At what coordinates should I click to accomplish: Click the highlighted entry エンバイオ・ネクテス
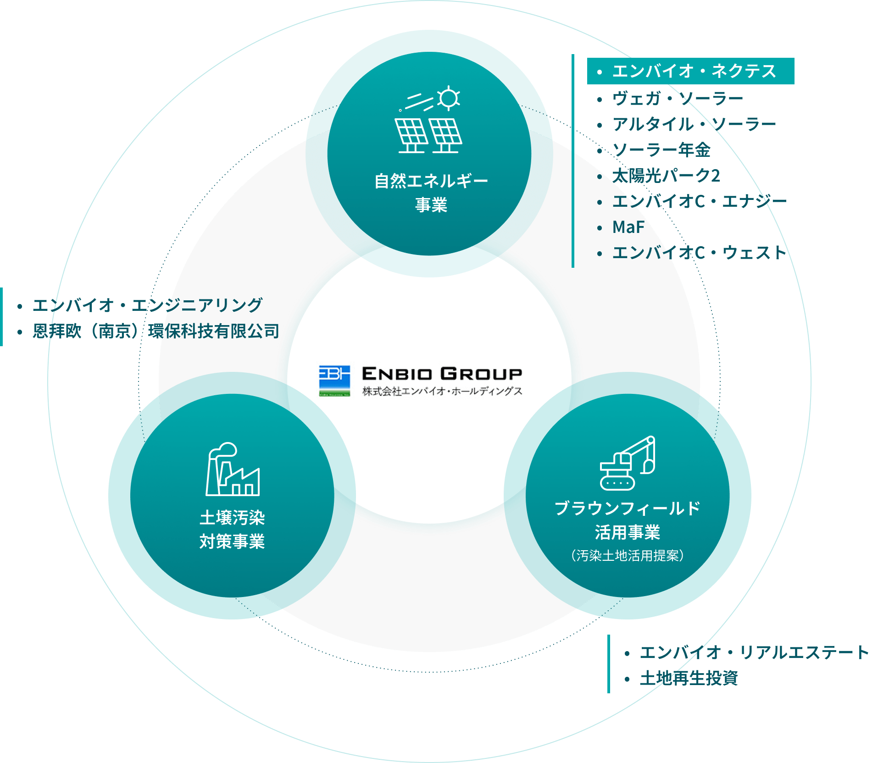690,71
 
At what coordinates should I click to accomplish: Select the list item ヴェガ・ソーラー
677,99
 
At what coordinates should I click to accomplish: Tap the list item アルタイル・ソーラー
694,124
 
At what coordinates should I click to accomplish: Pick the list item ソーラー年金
661,150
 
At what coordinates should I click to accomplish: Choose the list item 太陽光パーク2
666,176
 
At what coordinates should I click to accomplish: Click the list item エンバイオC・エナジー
699,201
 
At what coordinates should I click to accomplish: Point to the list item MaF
628,227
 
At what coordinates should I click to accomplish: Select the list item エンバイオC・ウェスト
699,253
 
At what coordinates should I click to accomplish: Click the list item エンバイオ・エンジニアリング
147,305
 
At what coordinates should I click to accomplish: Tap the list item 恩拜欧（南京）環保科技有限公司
156,331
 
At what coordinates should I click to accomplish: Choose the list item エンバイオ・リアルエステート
754,652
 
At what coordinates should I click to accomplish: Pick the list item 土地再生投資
689,678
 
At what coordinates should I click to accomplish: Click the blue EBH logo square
334,380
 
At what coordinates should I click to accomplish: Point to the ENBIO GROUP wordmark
442,374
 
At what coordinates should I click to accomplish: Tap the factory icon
233,470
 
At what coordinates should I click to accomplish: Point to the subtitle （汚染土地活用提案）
627,556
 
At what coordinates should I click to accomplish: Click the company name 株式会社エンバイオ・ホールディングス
442,391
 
